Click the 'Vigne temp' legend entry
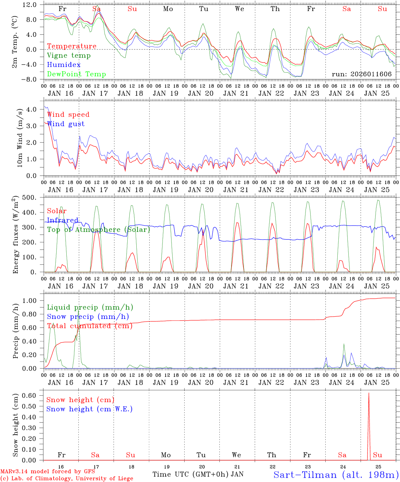point(69,56)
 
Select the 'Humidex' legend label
point(64,65)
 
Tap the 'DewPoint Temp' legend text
point(76,74)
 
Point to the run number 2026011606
point(361,74)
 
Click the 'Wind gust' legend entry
point(66,124)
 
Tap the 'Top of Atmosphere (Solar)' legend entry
point(98,230)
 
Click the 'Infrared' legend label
point(63,220)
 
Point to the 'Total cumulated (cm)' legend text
point(89,326)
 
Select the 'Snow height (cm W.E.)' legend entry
point(89,409)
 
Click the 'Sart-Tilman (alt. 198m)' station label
point(336,475)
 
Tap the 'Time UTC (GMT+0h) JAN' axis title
point(198,474)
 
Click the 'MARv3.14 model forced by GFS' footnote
point(48,472)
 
